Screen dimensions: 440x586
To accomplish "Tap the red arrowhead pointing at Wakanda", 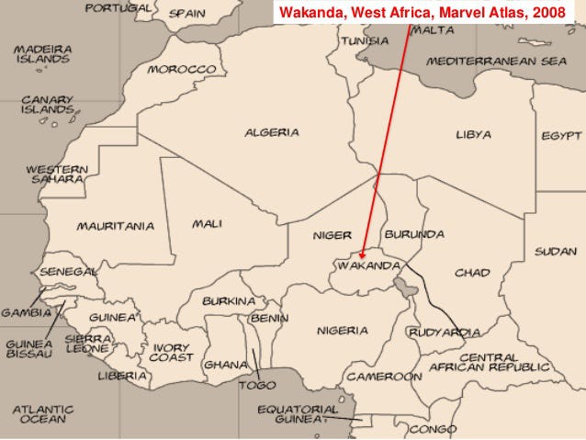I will coord(364,255).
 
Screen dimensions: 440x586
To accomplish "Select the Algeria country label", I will coord(271,132).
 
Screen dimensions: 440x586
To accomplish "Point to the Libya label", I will coord(473,134).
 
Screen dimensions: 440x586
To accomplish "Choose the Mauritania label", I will coord(115,226).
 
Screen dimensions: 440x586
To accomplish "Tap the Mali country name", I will coord(207,223).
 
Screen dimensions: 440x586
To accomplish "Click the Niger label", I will coord(332,234).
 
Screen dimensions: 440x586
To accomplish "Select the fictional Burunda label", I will coord(414,234).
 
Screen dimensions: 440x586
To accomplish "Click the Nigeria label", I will coord(343,330).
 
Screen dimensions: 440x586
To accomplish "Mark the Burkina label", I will coord(229,300).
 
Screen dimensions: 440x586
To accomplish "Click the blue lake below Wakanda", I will coord(401,293).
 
